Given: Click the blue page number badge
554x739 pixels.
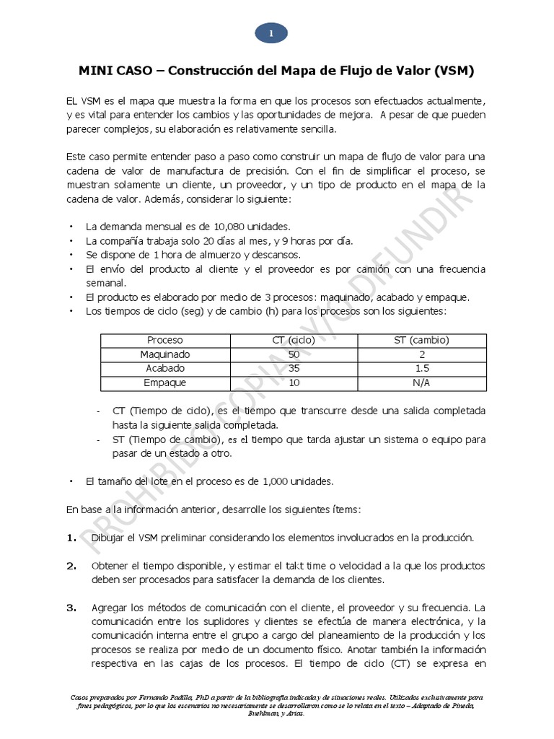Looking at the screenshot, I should point(271,33).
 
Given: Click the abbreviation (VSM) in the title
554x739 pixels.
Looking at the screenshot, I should point(454,71).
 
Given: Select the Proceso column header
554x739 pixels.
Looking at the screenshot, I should point(165,340).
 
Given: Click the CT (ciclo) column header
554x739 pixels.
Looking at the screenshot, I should point(293,340).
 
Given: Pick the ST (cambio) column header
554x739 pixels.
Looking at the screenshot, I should point(421,340).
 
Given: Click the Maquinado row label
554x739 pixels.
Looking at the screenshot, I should point(165,354).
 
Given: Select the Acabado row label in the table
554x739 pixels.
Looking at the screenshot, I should point(165,369).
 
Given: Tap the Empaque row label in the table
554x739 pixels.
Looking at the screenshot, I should point(165,383).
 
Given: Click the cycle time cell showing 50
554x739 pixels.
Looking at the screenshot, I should point(293,354).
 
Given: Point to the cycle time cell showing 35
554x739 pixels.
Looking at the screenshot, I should point(293,369).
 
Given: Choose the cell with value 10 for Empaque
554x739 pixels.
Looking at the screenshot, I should point(293,383).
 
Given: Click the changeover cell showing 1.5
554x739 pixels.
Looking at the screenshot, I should point(421,369).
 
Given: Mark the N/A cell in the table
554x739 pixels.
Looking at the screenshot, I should point(421,383).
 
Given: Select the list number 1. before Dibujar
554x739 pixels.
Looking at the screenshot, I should point(71,538).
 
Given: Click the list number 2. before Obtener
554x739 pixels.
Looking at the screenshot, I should point(71,566).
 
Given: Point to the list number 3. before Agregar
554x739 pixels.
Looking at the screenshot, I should point(71,608).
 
